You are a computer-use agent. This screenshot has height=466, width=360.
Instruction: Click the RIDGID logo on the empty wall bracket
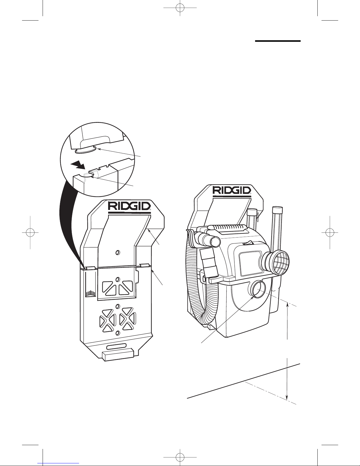click(x=129, y=206)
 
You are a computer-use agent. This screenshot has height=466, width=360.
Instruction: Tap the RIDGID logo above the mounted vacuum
click(x=232, y=190)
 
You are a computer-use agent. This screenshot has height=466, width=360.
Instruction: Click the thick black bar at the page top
click(x=278, y=41)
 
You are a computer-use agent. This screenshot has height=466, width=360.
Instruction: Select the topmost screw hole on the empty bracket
click(x=117, y=253)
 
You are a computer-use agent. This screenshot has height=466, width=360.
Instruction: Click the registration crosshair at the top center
click(x=180, y=8)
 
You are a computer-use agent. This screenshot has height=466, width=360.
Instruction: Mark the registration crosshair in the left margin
click(x=30, y=232)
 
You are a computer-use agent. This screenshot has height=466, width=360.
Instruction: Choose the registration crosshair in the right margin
click(x=330, y=232)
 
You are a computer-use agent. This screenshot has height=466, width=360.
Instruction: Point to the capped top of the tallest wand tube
click(x=277, y=209)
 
